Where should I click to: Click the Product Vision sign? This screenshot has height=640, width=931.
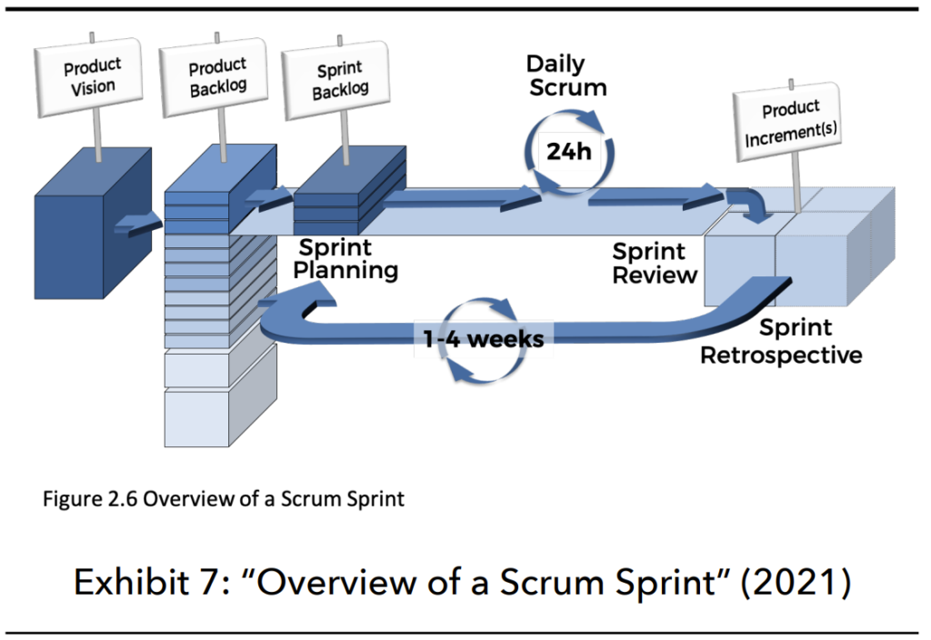coord(90,76)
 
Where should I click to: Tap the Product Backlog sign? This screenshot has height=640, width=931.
coord(217,78)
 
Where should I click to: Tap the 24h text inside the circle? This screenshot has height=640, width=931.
coord(568,151)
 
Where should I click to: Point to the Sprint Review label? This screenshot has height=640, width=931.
coord(655,263)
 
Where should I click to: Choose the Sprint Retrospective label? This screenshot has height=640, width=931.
coord(781,342)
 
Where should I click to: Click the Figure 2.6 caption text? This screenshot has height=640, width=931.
coord(224,498)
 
